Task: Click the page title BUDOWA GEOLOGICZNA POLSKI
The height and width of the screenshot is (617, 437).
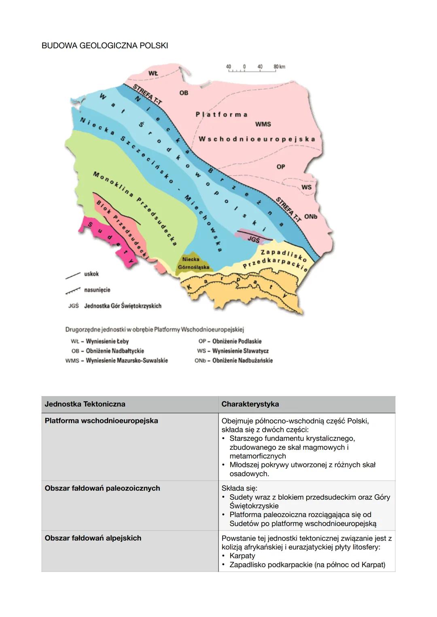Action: coord(104,46)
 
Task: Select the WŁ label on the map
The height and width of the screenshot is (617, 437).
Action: coord(153,73)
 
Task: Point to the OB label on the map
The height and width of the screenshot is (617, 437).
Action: coord(184,93)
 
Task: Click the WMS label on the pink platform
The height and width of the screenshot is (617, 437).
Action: coord(263,124)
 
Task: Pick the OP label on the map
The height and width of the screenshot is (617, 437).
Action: coord(281,166)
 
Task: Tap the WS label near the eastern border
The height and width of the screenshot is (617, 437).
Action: coord(307,187)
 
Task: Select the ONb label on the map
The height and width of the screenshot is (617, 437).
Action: coord(311,217)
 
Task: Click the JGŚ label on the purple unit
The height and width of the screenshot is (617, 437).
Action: coord(253,239)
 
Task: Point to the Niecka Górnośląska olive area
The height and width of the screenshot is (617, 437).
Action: coord(193,263)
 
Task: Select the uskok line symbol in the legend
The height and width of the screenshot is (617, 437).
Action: coord(73,275)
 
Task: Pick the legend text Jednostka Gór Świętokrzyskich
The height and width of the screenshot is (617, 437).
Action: coord(123,306)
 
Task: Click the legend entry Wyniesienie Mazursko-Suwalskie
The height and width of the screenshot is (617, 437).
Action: coord(127,360)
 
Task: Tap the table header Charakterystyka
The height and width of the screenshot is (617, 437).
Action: coord(250,404)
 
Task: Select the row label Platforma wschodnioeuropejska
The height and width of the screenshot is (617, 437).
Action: coord(101,421)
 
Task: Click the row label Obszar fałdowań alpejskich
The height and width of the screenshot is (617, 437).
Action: coord(93,538)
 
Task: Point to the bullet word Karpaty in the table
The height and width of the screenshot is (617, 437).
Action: coord(242,556)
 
